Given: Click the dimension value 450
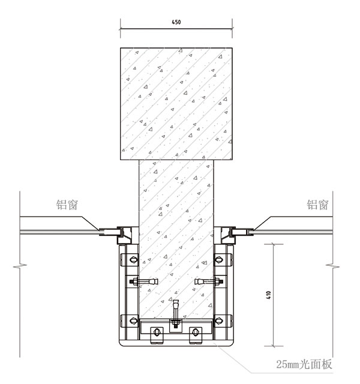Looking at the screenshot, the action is tap(176, 22).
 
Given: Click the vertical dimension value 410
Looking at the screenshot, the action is tap(269, 295).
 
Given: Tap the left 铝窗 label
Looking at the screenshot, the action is tap(67, 205).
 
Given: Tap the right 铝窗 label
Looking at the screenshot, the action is tap(317, 205).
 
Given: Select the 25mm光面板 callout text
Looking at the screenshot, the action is tap(304, 364).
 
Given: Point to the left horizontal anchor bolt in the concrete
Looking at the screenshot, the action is tap(144, 281).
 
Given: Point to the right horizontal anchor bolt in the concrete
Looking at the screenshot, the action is tap(209, 281).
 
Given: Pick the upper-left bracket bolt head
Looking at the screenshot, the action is tap(133, 260).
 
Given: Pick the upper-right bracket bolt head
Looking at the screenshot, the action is tap(218, 260).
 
